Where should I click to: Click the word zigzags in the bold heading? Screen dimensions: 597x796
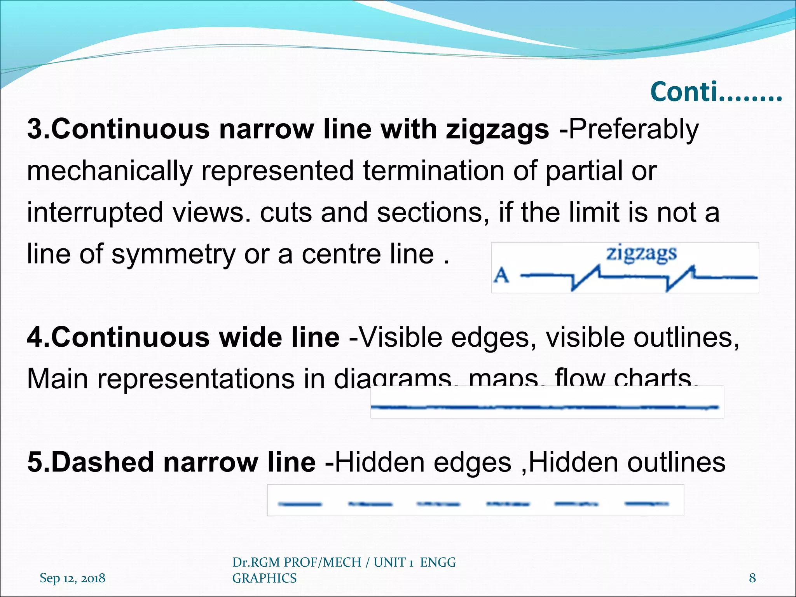pyautogui.click(x=497, y=129)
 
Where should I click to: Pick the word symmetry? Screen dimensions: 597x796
pyautogui.click(x=173, y=254)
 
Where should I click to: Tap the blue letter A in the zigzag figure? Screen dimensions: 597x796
pyautogui.click(x=501, y=276)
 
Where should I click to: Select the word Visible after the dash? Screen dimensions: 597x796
pyautogui.click(x=400, y=337)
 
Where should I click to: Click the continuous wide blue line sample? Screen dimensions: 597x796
pyautogui.click(x=544, y=407)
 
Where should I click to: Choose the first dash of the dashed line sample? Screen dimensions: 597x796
pyautogui.click(x=300, y=504)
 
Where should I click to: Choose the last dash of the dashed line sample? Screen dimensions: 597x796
pyautogui.click(x=647, y=504)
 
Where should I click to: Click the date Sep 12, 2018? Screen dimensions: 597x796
pyautogui.click(x=72, y=578)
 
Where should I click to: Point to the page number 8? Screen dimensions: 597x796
pyautogui.click(x=752, y=578)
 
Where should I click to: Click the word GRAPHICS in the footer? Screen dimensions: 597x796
pyautogui.click(x=264, y=578)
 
